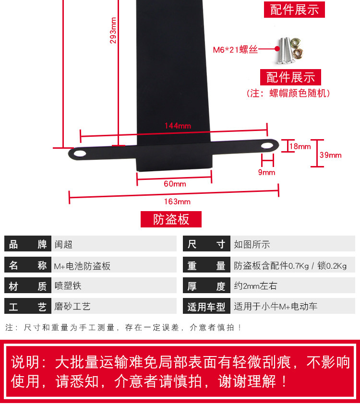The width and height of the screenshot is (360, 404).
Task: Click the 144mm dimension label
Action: pos(178,126)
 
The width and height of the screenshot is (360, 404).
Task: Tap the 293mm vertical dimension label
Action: pos(114,30)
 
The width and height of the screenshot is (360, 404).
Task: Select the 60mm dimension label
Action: pos(175,184)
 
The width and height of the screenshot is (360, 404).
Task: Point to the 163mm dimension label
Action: pos(178,201)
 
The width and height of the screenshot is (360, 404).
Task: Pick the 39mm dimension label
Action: pos(331,155)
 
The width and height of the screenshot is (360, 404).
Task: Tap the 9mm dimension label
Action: pos(266,172)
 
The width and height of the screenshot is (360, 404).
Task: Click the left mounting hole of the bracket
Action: pos(80,154)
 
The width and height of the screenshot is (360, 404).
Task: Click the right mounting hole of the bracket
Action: pos(266,145)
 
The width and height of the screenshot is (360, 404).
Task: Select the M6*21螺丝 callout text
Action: pos(235,49)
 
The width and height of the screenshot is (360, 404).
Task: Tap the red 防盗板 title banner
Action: pos(171,219)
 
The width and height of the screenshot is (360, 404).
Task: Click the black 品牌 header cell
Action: pos(27,244)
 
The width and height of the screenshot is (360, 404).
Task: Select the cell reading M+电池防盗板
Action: pos(82,265)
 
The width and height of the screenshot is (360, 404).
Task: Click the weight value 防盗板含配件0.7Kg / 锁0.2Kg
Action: pos(290,265)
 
